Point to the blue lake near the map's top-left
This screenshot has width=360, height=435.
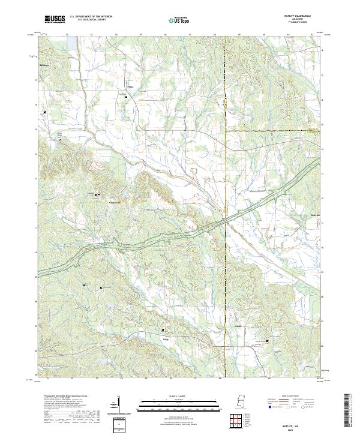pyautogui.click(x=72, y=44)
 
